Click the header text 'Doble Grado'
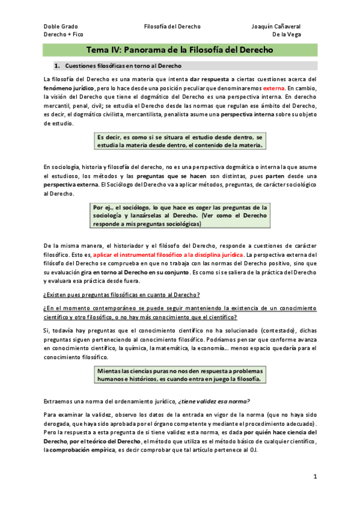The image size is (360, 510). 60,26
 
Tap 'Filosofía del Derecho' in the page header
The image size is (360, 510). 172,26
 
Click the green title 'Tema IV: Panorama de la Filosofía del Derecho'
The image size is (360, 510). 180,50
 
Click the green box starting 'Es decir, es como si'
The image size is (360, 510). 180,141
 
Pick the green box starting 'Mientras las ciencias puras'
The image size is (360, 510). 180,375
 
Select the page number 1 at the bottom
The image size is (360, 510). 314,476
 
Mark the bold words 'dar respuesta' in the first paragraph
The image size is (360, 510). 210,79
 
